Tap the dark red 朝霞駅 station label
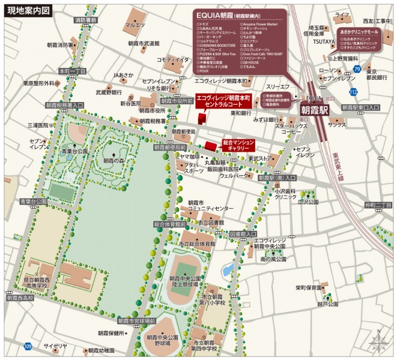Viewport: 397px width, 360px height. (x=315, y=111)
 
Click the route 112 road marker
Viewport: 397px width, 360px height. (x=354, y=92)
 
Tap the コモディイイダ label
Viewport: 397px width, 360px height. (x=173, y=59)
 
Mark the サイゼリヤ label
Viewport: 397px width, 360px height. (x=55, y=346)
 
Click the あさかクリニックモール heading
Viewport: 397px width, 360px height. (x=359, y=31)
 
